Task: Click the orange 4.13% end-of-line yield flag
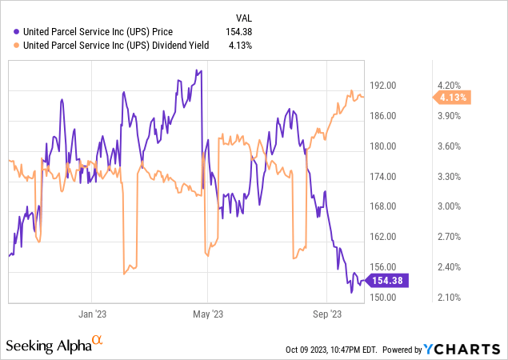click(x=453, y=98)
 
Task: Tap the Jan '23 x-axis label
click(x=94, y=314)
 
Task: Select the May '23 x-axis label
click(x=207, y=314)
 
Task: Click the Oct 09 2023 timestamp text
click(x=331, y=350)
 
